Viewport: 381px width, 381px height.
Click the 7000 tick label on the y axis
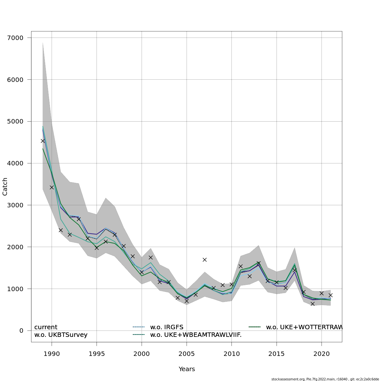click(15, 38)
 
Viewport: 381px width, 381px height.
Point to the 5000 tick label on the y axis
click(15, 121)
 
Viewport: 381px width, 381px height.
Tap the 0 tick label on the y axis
click(21, 331)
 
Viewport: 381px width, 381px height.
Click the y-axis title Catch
click(5, 186)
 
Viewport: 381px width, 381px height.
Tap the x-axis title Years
click(187, 369)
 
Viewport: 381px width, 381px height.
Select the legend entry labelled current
click(46, 327)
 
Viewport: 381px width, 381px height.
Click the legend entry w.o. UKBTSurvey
click(61, 335)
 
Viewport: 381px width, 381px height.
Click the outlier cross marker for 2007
click(204, 260)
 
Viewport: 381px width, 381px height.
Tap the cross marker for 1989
click(43, 141)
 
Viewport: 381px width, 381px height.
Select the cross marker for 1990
click(52, 187)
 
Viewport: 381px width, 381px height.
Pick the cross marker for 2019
click(312, 304)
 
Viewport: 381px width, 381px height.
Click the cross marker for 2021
click(331, 295)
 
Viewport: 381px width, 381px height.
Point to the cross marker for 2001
click(150, 257)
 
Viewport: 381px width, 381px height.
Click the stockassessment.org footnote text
click(325, 379)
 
